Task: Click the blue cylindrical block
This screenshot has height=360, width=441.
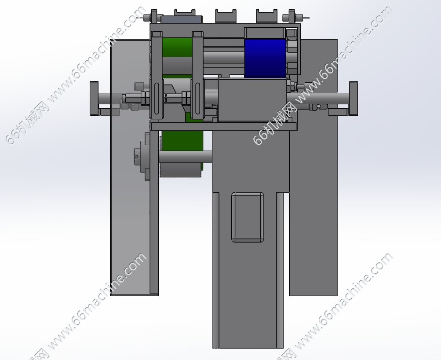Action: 265,58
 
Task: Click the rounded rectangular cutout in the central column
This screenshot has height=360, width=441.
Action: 248,217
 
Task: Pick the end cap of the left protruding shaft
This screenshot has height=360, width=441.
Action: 94,98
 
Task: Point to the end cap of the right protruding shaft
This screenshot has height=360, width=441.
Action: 353,98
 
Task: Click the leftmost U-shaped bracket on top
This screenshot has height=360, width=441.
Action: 185,16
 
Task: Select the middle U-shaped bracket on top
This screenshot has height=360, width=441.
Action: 226,16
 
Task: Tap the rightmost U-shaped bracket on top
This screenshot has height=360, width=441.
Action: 266,16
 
